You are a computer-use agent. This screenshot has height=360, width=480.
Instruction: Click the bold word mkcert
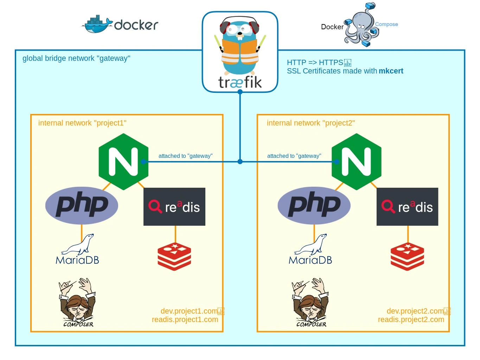click(x=391, y=71)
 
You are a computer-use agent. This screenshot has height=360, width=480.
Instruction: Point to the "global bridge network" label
click(x=76, y=58)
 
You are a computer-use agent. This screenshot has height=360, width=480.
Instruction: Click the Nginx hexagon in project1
click(x=123, y=162)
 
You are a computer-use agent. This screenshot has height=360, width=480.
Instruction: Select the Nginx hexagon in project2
click(x=356, y=162)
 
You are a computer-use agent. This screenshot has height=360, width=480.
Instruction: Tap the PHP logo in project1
click(x=82, y=205)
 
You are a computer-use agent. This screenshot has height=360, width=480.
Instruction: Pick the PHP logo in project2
click(x=314, y=205)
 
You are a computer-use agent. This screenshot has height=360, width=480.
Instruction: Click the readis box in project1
click(x=174, y=207)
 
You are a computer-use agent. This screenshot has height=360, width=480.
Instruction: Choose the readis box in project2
click(x=407, y=207)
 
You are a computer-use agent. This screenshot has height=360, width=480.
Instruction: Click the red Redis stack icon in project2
click(x=407, y=257)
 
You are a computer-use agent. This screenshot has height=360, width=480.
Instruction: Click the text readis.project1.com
click(x=185, y=320)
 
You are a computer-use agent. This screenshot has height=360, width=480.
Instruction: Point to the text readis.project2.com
click(x=411, y=320)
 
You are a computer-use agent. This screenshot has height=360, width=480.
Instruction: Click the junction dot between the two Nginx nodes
click(x=240, y=162)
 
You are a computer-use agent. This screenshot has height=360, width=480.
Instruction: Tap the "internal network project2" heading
click(x=311, y=123)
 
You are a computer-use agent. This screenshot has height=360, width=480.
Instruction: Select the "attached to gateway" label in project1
click(x=185, y=156)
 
